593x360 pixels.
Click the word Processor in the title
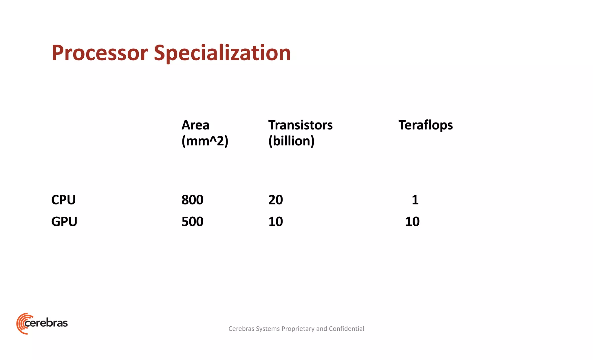100,53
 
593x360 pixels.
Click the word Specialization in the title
222,53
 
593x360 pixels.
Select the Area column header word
195,125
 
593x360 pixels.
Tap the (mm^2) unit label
205,141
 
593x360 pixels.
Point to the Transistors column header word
300,125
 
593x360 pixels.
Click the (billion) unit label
291,141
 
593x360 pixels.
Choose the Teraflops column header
425,125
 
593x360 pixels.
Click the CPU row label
63,200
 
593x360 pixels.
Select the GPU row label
64,222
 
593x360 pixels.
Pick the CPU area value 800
192,200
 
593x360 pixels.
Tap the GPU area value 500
192,222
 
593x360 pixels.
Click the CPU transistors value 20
275,200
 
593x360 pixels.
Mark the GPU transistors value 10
275,222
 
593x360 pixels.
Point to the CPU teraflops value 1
415,200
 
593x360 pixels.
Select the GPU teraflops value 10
412,222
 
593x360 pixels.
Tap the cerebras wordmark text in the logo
46,323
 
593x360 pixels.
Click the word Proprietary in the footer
298,329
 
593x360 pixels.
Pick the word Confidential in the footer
346,329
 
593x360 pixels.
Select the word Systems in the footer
268,329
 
